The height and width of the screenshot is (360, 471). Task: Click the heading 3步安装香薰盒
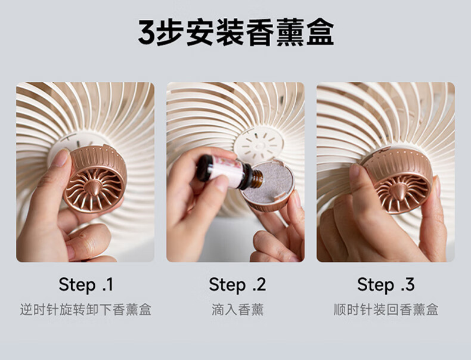click(236, 32)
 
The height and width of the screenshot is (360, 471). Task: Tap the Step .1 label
click(86, 284)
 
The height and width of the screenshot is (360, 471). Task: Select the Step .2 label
click(237, 284)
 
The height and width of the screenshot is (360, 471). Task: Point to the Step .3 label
click(386, 284)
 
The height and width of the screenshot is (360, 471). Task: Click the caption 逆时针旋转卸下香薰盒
click(86, 309)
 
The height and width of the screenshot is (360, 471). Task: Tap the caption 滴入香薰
click(237, 309)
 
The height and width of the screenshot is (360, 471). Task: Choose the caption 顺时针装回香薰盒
click(386, 309)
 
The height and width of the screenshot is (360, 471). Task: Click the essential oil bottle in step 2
click(229, 172)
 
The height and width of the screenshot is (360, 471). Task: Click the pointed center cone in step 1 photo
click(94, 188)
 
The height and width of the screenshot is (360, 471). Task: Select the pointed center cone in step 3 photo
click(399, 192)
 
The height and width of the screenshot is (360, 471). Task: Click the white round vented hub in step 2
click(259, 145)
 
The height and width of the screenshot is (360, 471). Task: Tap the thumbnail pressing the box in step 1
click(61, 157)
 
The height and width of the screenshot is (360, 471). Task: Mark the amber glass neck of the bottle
click(255, 179)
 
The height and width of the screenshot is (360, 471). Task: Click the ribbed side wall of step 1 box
click(96, 158)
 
